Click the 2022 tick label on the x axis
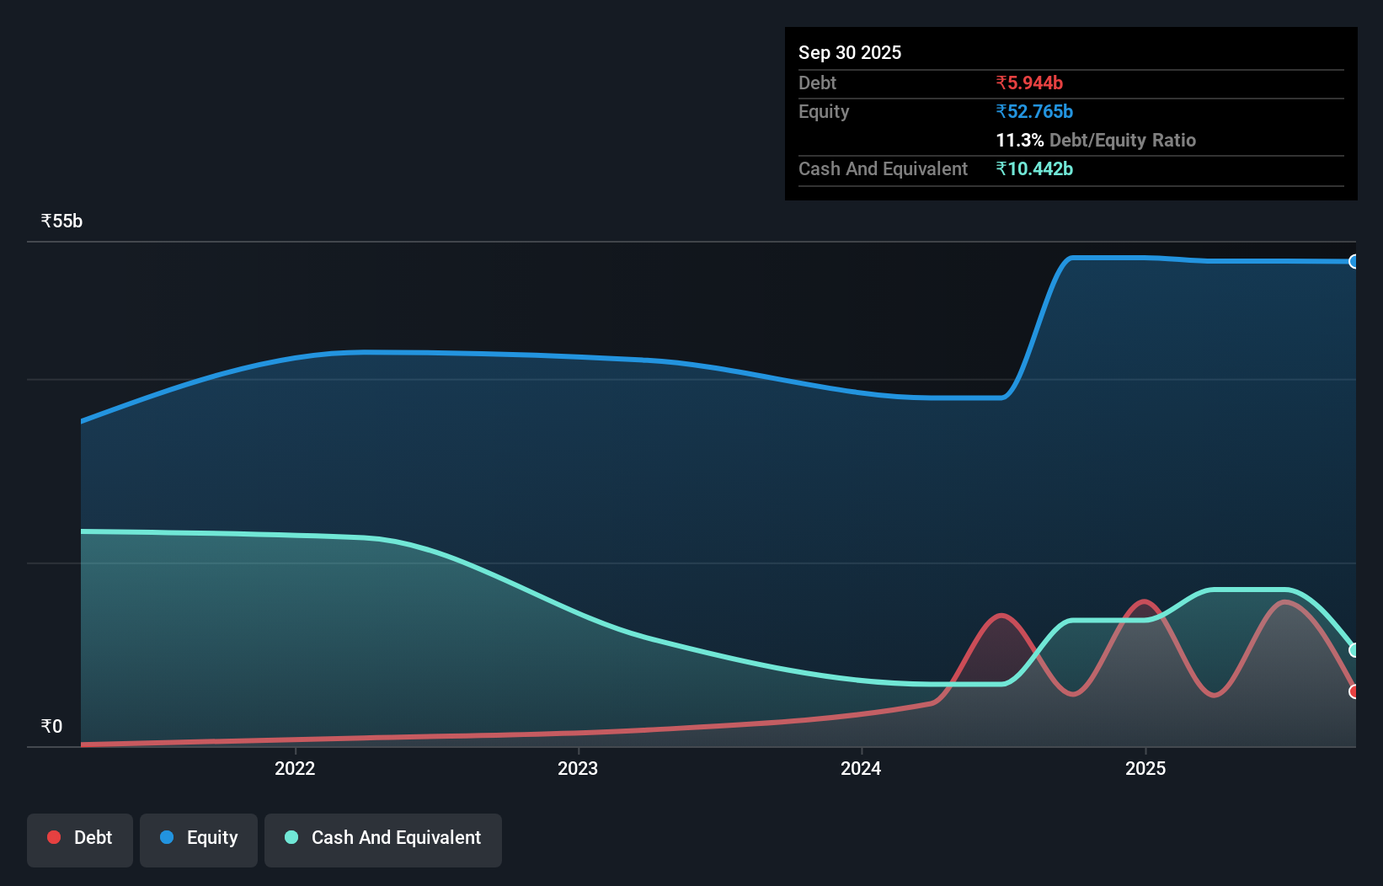point(295,768)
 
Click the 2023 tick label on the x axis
point(578,768)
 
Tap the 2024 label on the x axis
point(861,768)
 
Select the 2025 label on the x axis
point(1145,768)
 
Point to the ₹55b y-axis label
point(61,221)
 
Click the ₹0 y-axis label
point(51,726)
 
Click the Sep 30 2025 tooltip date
point(849,52)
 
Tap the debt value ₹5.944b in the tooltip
point(1029,83)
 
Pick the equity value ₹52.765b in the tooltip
point(1034,111)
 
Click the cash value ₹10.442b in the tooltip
point(1034,168)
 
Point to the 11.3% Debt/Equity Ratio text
point(1095,140)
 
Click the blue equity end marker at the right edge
point(1354,262)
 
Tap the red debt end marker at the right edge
point(1354,691)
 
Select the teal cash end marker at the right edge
point(1354,650)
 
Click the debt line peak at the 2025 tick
point(1144,601)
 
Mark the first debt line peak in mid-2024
point(1001,616)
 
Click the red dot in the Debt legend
point(54,837)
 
